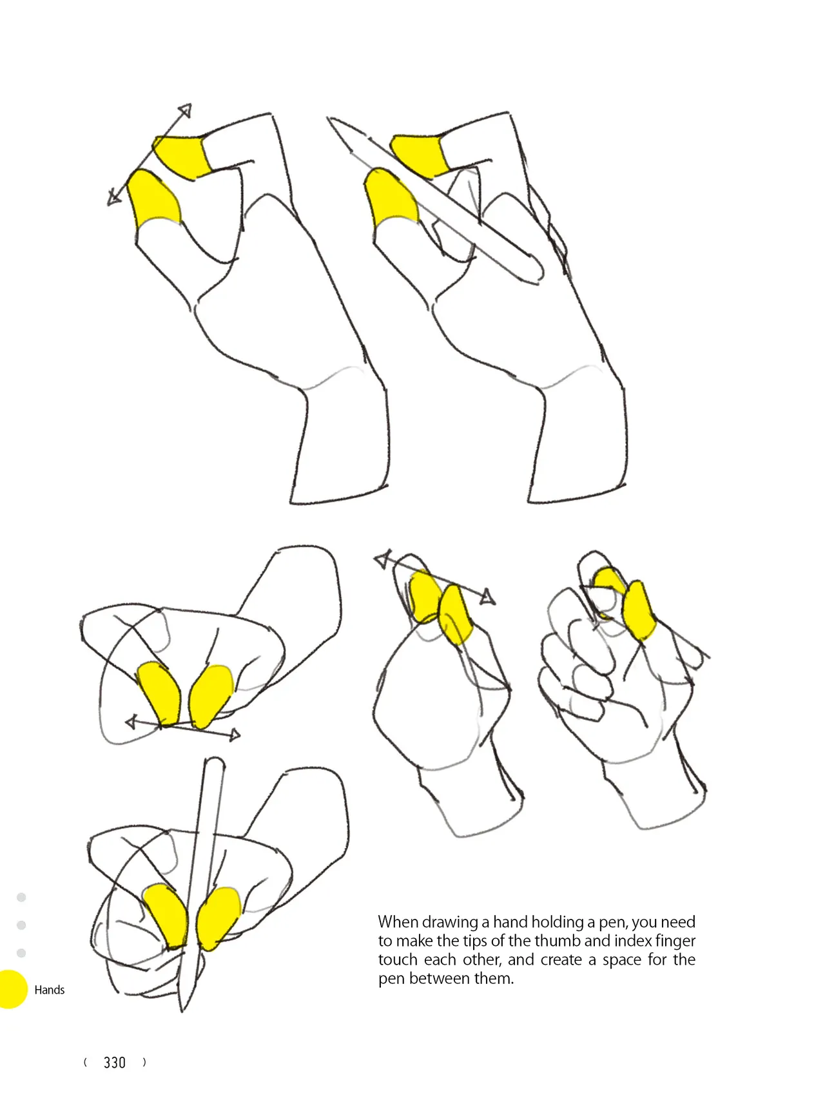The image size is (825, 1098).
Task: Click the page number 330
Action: click(x=115, y=1063)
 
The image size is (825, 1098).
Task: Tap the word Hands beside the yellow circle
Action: click(x=50, y=990)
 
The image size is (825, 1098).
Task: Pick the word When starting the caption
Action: click(x=398, y=922)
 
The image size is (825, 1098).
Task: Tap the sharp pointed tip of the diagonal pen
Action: click(x=329, y=119)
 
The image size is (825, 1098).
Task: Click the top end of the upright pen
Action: click(x=215, y=762)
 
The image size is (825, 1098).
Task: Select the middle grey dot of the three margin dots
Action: click(x=21, y=925)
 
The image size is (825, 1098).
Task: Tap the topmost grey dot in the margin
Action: click(x=21, y=898)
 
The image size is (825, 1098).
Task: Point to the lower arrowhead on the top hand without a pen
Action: click(x=113, y=198)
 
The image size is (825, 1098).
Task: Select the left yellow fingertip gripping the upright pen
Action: click(x=166, y=914)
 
